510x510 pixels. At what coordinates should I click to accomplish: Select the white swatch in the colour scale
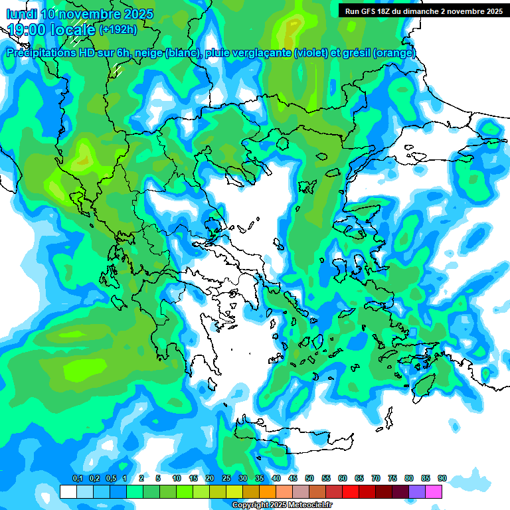click(x=68, y=492)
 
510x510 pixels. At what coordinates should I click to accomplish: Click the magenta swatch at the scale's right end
click(x=434, y=492)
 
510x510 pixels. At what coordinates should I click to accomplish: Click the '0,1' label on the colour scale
click(x=77, y=479)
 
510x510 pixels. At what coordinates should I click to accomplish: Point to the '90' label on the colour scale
click(x=442, y=479)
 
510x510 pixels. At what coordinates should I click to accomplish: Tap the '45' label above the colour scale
click(x=293, y=479)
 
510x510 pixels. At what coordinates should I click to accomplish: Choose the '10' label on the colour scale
click(x=177, y=479)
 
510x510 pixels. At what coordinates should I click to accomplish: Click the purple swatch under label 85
click(x=417, y=492)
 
